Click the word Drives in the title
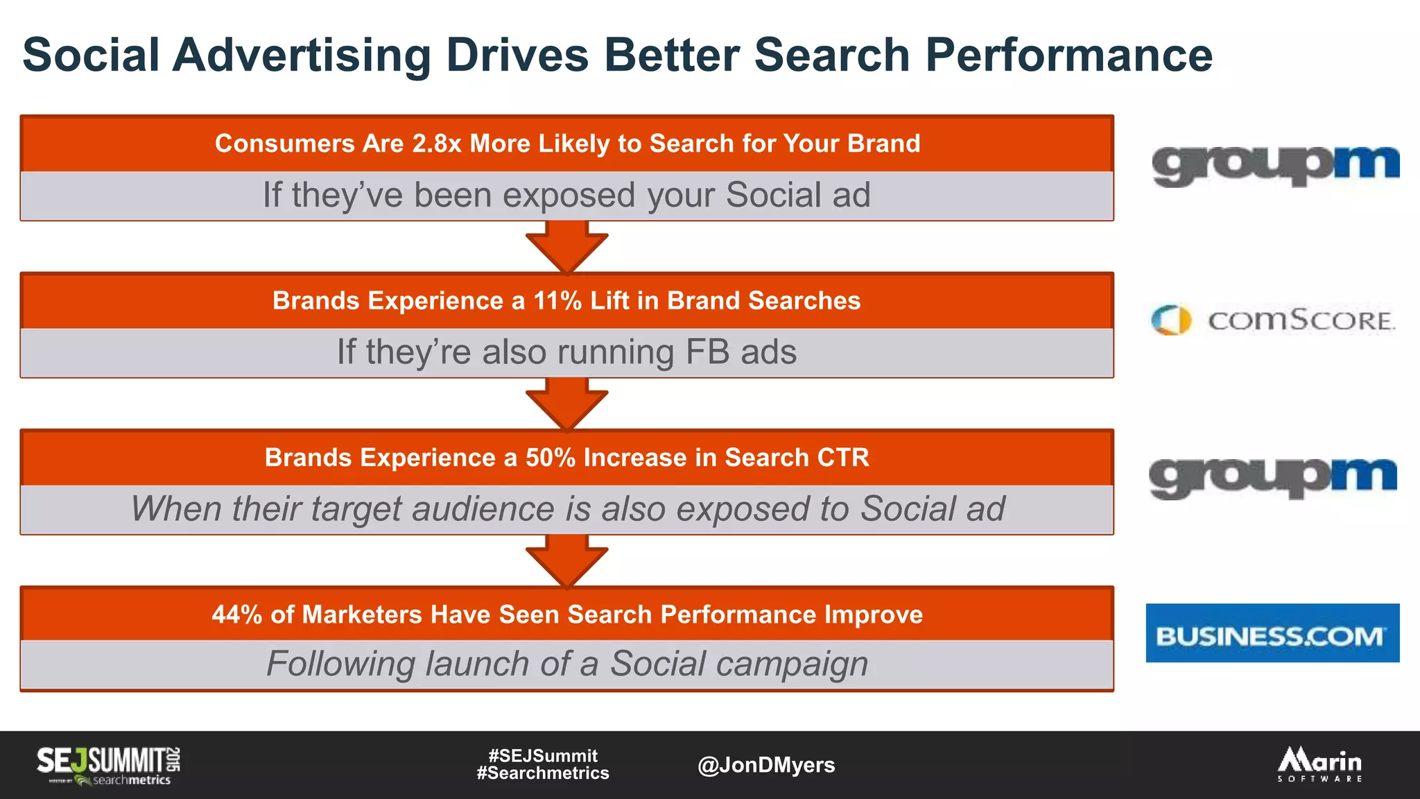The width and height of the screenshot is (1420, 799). pyautogui.click(x=517, y=55)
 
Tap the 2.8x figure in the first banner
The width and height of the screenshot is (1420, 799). pyautogui.click(x=436, y=144)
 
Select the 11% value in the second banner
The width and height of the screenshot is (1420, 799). pyautogui.click(x=557, y=301)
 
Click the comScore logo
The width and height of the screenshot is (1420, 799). pyautogui.click(x=1273, y=320)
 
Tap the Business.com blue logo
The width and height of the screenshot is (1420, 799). pyautogui.click(x=1272, y=633)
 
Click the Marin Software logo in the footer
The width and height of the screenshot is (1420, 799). pyautogui.click(x=1319, y=764)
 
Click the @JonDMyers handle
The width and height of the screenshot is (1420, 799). pyautogui.click(x=765, y=765)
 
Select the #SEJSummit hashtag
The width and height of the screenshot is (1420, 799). pyautogui.click(x=543, y=755)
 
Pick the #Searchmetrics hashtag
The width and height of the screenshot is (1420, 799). pyautogui.click(x=543, y=773)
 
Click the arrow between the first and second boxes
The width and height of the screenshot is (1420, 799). pyautogui.click(x=566, y=246)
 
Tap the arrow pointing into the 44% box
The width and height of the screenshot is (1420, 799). pyautogui.click(x=566, y=560)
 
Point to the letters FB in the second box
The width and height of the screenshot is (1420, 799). pyautogui.click(x=707, y=352)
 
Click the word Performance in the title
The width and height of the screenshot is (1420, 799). pyautogui.click(x=1068, y=55)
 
